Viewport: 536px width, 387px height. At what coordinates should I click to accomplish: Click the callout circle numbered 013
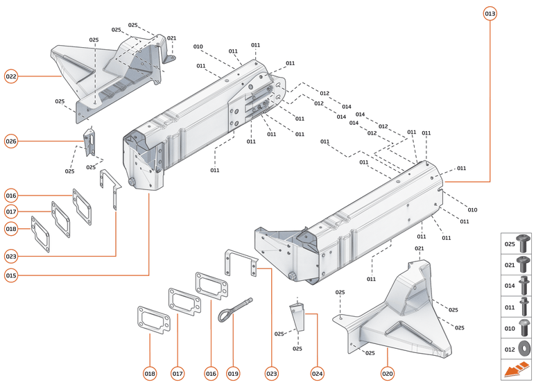[490, 14]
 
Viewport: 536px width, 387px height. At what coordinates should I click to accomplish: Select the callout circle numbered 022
[11, 76]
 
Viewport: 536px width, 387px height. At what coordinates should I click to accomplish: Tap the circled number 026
[11, 141]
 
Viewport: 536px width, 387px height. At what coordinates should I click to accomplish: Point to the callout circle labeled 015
[11, 275]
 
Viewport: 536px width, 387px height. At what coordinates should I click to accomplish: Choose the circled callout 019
[233, 374]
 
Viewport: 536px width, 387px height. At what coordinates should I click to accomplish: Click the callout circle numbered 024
[317, 374]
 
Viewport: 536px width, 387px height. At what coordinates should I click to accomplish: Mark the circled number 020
[387, 374]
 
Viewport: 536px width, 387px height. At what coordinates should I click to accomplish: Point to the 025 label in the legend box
[509, 243]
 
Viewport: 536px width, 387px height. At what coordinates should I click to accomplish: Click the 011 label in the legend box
[509, 306]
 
